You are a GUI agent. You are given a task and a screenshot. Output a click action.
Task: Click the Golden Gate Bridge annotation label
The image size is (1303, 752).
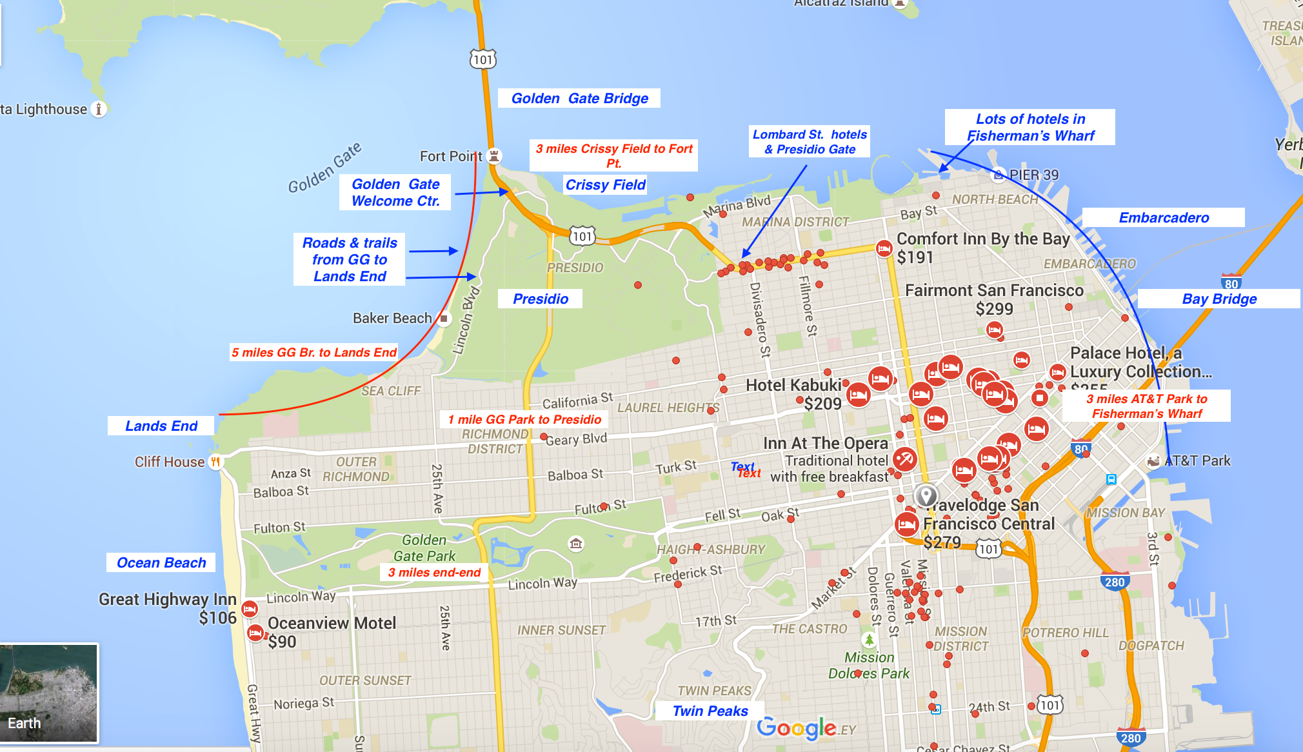(579, 99)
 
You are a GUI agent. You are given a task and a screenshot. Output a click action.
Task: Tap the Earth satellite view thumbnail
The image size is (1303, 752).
(50, 693)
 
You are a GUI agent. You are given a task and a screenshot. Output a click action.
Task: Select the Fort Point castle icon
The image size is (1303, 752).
(494, 155)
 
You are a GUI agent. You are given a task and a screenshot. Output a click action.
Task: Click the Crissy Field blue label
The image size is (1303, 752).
(605, 185)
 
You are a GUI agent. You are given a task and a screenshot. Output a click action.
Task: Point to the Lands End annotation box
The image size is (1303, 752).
(161, 426)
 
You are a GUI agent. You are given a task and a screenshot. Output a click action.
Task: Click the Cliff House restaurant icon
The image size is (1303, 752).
(215, 462)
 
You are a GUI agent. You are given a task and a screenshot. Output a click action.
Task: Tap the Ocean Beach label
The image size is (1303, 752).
(161, 562)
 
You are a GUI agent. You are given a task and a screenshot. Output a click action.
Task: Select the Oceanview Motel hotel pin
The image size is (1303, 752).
(255, 633)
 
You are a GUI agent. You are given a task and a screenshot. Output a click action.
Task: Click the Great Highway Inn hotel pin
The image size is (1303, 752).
(250, 608)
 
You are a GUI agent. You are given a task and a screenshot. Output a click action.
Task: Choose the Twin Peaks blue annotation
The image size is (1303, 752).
(710, 711)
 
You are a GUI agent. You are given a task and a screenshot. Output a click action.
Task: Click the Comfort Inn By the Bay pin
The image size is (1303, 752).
(884, 248)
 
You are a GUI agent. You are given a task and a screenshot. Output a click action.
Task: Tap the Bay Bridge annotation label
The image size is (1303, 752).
(1219, 299)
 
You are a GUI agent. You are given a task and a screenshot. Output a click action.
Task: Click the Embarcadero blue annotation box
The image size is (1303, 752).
(1164, 218)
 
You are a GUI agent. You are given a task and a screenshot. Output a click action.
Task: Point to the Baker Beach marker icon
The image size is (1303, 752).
(444, 318)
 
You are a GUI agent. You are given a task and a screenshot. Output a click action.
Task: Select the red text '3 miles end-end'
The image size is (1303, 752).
(434, 573)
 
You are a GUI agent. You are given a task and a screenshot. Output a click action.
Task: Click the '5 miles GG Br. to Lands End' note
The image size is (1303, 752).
(314, 352)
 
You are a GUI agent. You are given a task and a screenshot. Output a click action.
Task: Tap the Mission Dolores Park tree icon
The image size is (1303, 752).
(869, 640)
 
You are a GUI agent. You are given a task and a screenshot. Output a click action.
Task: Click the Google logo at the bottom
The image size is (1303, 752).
(797, 728)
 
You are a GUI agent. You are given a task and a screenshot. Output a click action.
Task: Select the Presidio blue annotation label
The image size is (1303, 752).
(541, 299)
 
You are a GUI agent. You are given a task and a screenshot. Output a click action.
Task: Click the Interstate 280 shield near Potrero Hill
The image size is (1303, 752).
(1115, 582)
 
